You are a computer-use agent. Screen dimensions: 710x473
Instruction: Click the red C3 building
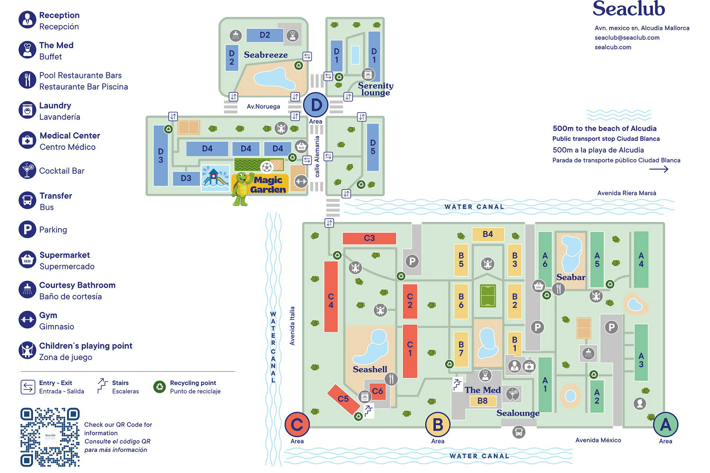(369, 238)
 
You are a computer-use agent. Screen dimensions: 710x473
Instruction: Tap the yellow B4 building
(488, 234)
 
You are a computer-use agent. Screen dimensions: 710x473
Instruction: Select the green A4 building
(641, 259)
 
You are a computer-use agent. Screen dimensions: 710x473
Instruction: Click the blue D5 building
(373, 147)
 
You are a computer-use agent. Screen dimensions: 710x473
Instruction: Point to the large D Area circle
(316, 105)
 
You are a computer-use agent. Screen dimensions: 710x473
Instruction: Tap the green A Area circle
(666, 424)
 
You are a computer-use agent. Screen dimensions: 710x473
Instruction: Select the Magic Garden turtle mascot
(242, 189)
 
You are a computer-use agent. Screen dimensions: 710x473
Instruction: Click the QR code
(50, 437)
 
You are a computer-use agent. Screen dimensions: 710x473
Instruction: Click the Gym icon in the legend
(27, 320)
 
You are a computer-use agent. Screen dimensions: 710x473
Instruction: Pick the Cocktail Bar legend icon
(27, 170)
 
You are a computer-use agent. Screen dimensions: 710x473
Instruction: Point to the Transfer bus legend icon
(27, 200)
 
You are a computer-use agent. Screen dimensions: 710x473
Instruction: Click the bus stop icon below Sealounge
(519, 432)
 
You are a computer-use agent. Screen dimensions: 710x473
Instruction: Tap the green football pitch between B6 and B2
(488, 296)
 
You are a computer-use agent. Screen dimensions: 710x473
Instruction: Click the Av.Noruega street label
(263, 106)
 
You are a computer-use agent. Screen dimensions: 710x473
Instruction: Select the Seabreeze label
(266, 55)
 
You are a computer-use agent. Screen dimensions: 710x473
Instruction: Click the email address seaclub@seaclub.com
(627, 38)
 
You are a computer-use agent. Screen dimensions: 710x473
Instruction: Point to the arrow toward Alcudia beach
(659, 169)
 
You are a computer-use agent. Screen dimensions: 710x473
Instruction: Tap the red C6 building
(377, 391)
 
